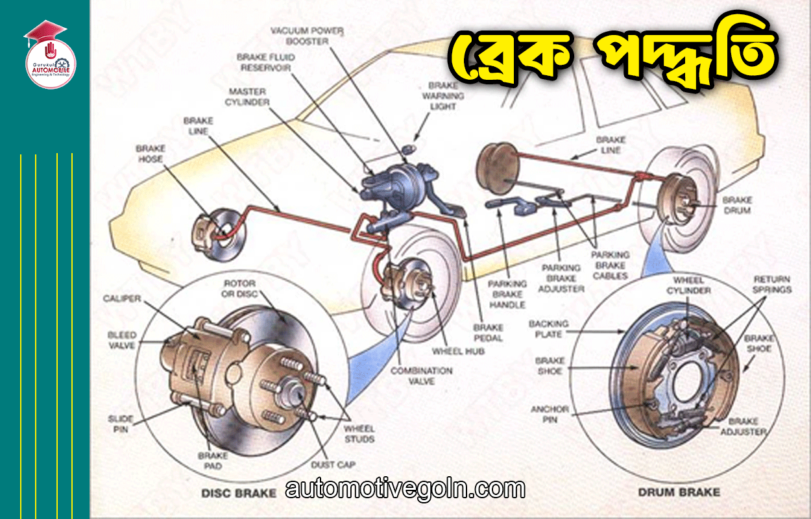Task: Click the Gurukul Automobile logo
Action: pos(50,56)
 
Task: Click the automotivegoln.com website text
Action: pos(405,489)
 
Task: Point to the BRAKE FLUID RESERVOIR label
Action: pos(265,62)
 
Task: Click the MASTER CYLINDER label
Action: pos(247,97)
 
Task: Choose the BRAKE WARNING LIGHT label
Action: pos(443,96)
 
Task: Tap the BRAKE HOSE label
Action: pos(150,154)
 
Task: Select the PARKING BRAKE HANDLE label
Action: pos(507,294)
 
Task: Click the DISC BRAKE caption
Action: pos(229,492)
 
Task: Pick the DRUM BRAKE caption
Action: pos(679,492)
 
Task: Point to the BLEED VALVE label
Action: pos(121,340)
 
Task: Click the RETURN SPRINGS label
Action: pos(771,284)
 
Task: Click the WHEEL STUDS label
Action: pos(359,434)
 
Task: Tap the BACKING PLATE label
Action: pos(548,328)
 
